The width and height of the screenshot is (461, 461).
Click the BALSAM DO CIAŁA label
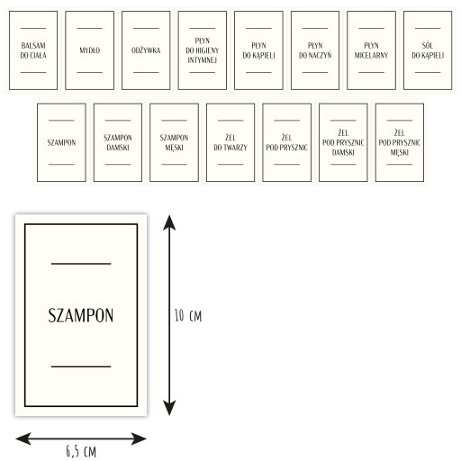click(33, 50)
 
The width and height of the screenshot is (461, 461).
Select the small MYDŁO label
click(89, 50)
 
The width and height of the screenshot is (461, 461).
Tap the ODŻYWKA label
click(146, 50)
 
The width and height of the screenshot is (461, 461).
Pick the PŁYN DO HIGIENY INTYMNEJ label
click(203, 50)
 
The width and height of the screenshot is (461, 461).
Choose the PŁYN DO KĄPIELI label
click(258, 50)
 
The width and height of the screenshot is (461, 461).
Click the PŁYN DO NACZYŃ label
click(315, 50)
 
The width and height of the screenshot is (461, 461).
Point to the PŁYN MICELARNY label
click(371, 50)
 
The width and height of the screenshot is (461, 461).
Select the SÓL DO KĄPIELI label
click(428, 50)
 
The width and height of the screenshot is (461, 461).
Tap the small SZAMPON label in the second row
click(61, 142)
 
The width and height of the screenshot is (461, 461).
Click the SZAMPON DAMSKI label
click(118, 142)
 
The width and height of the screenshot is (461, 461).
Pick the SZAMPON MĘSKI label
click(174, 142)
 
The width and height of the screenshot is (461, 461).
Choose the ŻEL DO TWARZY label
click(230, 142)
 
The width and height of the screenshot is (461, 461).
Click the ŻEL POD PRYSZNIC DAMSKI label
click(343, 142)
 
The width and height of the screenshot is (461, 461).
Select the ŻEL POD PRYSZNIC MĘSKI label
click(400, 142)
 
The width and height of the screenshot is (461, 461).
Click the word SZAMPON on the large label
click(81, 315)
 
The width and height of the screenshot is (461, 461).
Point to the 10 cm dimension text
click(188, 316)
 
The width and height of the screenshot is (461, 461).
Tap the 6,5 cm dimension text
click(81, 451)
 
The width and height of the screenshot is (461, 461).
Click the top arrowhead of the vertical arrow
click(169, 222)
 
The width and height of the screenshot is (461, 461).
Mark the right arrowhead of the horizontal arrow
click(139, 438)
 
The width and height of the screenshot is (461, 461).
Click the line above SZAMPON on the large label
click(81, 264)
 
